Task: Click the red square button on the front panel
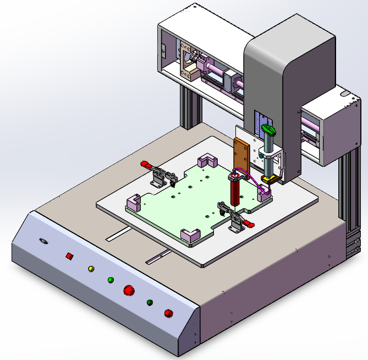(x=69, y=255)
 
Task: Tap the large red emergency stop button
(x=129, y=290)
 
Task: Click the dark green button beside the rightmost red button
(x=149, y=302)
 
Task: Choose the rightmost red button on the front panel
(x=168, y=313)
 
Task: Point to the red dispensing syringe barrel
(x=235, y=193)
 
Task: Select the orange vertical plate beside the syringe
(x=241, y=154)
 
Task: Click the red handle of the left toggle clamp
(x=146, y=164)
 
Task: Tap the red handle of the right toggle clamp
(x=250, y=223)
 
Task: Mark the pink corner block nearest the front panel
(x=190, y=235)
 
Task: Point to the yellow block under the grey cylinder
(x=269, y=179)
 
